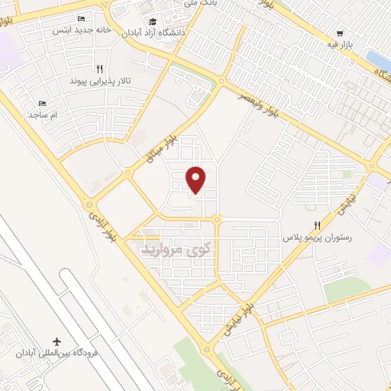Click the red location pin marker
(197, 179)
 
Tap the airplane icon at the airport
(57, 341)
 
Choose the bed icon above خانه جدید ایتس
(82, 19)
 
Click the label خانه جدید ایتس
(82, 31)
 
